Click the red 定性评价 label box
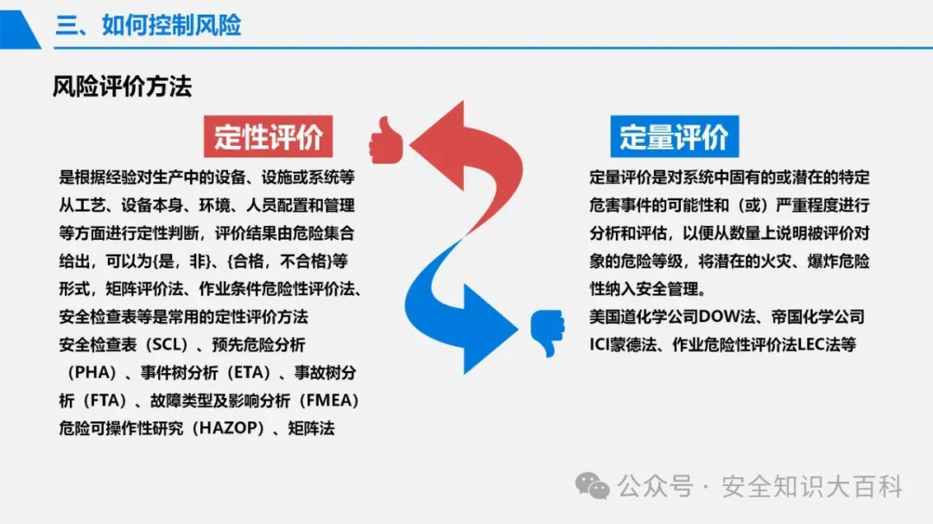coord(268,136)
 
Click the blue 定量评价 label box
coord(673,136)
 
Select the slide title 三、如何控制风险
coord(149,24)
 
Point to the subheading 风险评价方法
coord(122,86)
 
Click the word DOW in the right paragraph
coord(719,317)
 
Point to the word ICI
coord(600,344)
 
